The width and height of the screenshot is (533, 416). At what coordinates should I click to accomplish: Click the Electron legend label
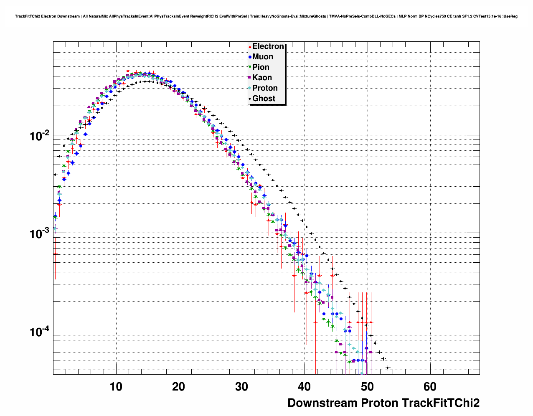click(x=268, y=46)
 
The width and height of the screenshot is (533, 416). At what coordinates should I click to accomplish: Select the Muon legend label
click(x=263, y=57)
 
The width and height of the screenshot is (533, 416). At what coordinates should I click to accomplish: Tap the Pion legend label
click(x=261, y=67)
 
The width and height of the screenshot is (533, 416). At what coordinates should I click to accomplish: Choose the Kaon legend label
click(x=262, y=78)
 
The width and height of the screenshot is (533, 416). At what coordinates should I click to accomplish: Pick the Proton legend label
click(x=265, y=88)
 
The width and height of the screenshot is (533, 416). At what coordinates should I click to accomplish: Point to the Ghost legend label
click(x=264, y=99)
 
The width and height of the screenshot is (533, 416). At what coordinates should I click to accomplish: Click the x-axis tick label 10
click(x=116, y=387)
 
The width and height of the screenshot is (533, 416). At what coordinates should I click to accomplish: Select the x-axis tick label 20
click(x=178, y=387)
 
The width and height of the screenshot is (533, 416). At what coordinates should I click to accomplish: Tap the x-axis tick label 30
click(x=241, y=387)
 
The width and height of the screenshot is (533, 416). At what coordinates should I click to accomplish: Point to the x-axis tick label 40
click(x=304, y=387)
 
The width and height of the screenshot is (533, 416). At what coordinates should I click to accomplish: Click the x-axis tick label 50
click(x=367, y=387)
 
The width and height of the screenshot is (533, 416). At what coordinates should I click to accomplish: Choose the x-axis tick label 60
click(x=430, y=387)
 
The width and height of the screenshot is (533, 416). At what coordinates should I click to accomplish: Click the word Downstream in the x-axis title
click(x=322, y=403)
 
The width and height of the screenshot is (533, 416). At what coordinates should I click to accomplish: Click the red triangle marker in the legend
click(x=250, y=47)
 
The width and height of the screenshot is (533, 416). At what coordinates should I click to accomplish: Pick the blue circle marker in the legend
click(x=250, y=57)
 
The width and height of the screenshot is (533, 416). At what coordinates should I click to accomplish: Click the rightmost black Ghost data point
click(x=388, y=368)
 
